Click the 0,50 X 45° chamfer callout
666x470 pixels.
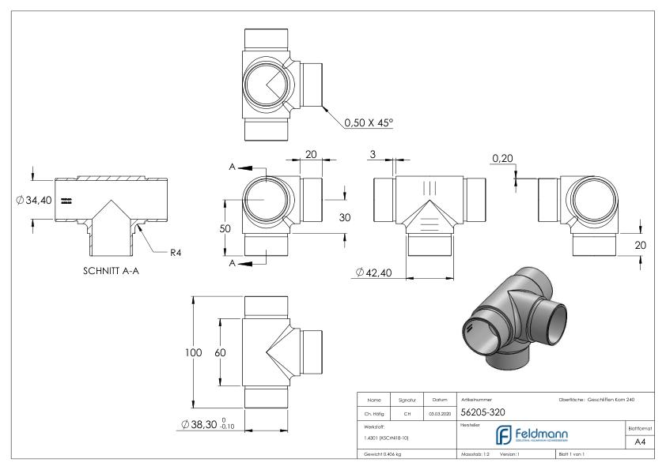tap(369, 123)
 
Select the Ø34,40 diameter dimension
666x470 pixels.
tap(34, 200)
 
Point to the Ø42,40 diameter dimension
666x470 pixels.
tap(375, 273)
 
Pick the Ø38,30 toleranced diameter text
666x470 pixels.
tap(207, 426)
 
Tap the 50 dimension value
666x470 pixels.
tap(225, 227)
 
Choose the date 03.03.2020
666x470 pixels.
tap(440, 413)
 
